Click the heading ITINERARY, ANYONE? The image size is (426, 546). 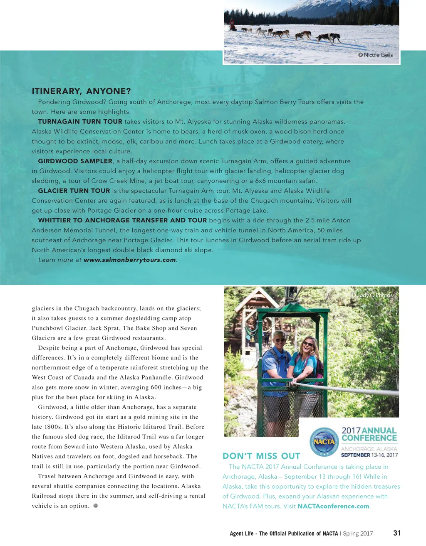pos(81,91)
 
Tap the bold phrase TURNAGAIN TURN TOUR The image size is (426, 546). pos(80,122)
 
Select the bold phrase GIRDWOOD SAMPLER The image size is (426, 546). pos(75,161)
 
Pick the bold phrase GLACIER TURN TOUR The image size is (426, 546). pos(74,191)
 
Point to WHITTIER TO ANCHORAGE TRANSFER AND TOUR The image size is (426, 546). pos(122,220)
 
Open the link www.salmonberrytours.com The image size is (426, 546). pos(130,260)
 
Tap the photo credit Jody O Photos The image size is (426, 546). pos(372,295)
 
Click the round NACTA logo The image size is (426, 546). pos(324,442)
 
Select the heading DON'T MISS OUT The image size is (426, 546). pos(261,456)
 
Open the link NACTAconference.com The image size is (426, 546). pos(333,507)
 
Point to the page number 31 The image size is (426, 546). pos(397,533)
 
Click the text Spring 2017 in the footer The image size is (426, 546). pos(358,534)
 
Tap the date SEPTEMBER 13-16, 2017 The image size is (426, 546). pos(369,455)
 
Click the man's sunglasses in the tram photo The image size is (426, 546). pos(280,340)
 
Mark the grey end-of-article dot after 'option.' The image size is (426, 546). pos(95,506)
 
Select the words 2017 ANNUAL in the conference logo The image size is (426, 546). pos(369,430)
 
